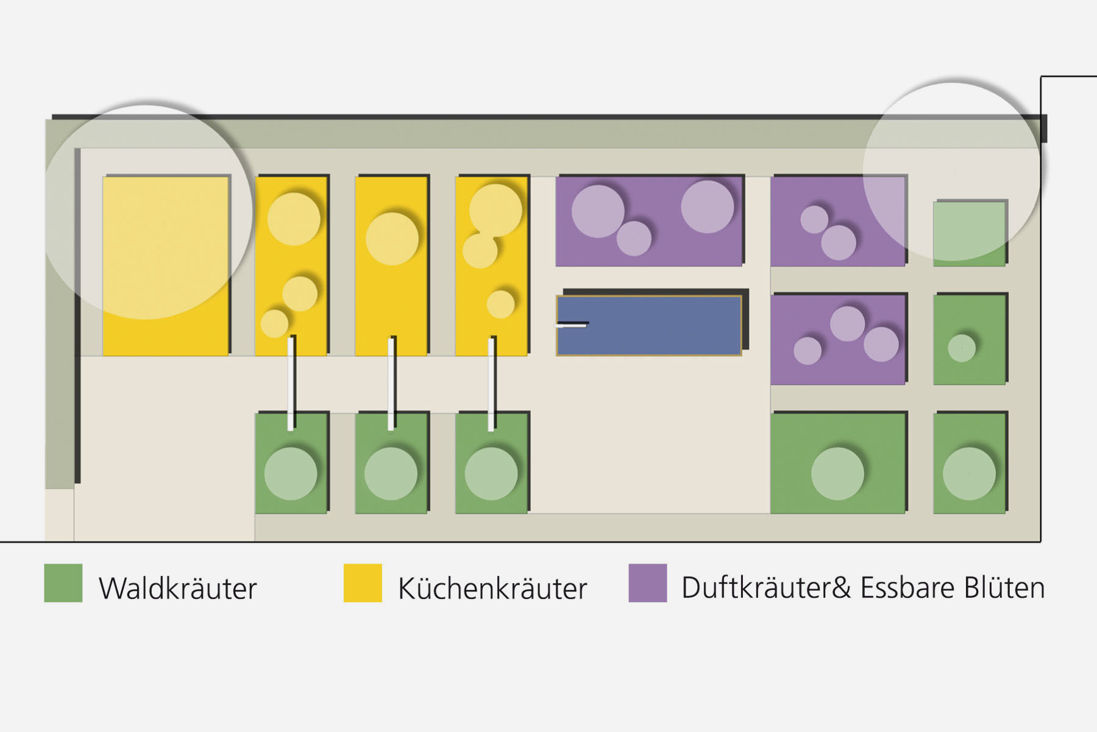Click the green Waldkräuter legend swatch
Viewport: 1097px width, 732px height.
pos(63,583)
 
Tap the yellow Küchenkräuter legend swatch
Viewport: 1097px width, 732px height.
pos(363,583)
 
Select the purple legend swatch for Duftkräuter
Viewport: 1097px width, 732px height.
pos(647,583)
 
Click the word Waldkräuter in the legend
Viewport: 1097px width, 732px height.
pos(177,589)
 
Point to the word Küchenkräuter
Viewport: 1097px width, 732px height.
pos(492,589)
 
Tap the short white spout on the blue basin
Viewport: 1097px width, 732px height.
pos(571,325)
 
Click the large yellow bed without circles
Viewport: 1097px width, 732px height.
pos(165,266)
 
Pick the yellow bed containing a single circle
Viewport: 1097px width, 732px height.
pos(391,266)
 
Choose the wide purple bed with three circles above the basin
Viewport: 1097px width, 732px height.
pos(649,221)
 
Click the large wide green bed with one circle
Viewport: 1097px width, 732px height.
pos(837,463)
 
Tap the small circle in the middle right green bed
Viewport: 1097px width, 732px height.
pos(962,348)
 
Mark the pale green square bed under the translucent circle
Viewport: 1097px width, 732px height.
pos(969,234)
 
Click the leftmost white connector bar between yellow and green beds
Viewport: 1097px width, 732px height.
pos(291,383)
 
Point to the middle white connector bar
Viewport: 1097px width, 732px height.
pos(391,383)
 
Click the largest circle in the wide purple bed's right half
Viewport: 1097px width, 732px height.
pos(707,206)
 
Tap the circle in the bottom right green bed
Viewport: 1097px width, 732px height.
pos(969,474)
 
